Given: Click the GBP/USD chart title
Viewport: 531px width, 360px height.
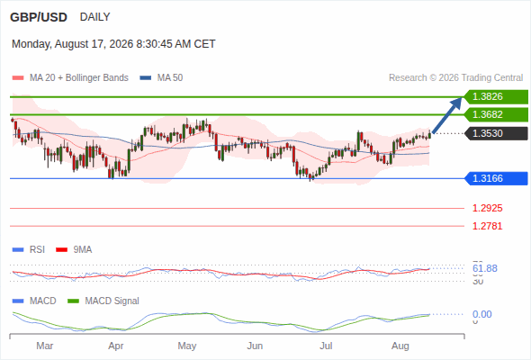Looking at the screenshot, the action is (x=39, y=17).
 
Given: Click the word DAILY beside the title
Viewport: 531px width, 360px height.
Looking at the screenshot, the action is (x=94, y=17).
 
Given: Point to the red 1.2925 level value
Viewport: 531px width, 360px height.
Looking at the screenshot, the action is (x=487, y=208).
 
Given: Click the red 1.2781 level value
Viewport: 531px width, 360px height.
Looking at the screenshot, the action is (x=487, y=226).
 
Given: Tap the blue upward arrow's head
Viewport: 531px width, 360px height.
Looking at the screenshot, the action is (x=457, y=103).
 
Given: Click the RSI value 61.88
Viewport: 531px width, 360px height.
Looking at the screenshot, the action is (x=485, y=268).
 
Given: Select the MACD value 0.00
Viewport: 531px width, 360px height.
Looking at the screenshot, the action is (x=481, y=314).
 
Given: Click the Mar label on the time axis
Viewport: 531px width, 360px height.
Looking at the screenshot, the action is (x=45, y=346).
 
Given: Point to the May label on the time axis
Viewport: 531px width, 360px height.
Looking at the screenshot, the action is (x=187, y=346).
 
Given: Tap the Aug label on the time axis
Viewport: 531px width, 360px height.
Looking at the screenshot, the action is (x=400, y=346).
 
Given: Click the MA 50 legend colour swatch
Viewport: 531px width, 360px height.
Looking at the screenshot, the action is (x=146, y=78).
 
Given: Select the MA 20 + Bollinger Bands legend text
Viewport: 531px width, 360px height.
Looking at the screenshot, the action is (x=79, y=78).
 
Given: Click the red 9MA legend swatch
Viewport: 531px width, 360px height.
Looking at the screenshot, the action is (x=61, y=250).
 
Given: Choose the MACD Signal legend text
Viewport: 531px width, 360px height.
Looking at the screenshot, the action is (x=112, y=301).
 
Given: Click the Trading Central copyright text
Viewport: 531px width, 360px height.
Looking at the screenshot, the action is (x=455, y=78).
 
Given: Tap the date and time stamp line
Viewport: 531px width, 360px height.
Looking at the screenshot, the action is (x=113, y=44).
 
